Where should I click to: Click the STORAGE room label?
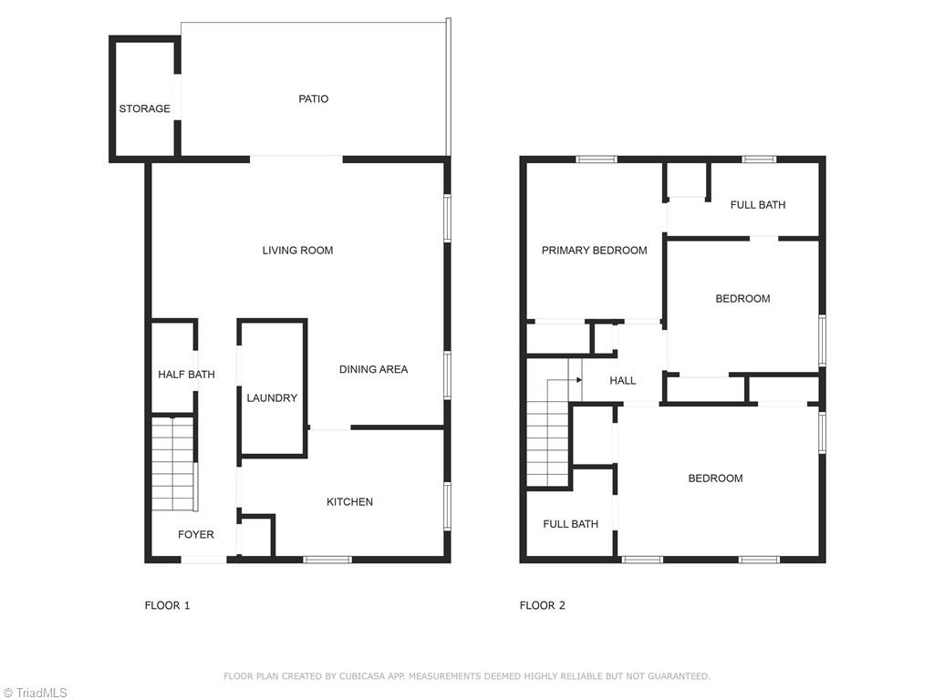144,108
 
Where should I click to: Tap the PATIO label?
313,98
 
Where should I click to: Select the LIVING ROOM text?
297,250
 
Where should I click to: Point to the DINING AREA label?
373,369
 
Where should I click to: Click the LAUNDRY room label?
272,397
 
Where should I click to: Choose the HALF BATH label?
186,374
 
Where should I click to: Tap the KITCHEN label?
349,501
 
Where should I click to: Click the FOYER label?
195,534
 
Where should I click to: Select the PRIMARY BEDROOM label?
594,250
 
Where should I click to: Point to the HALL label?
623,380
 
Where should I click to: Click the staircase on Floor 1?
172,463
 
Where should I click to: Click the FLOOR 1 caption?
167,605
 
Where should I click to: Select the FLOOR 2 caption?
542,605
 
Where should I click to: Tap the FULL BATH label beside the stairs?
570,523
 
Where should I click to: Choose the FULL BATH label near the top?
757,204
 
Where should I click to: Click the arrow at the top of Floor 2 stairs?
578,379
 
